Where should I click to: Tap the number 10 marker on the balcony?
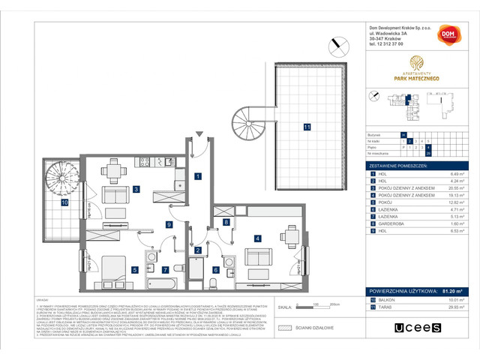click(64, 202)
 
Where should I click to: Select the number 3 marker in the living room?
click(136, 189)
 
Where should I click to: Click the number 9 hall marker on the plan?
click(170, 224)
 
